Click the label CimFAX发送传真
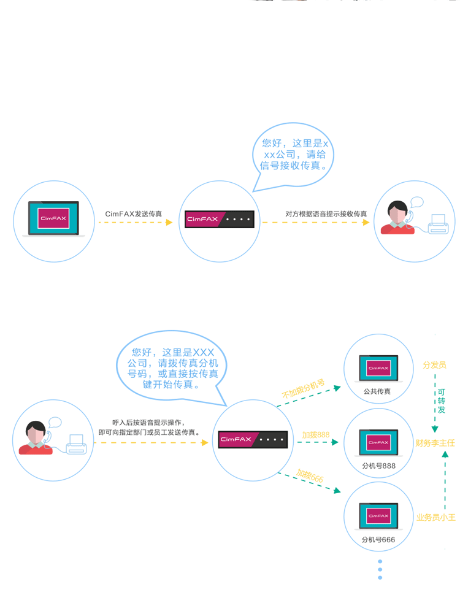click(134, 214)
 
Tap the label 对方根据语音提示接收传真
click(326, 214)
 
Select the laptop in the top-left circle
click(54, 219)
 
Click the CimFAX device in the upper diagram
click(220, 219)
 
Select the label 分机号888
click(378, 466)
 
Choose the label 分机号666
click(378, 540)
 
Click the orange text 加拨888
click(315, 435)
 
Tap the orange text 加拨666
click(310, 475)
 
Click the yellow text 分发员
click(434, 365)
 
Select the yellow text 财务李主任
click(435, 442)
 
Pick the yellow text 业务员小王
click(436, 517)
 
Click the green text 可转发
click(442, 401)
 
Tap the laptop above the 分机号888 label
click(378, 442)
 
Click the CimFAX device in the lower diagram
click(253, 439)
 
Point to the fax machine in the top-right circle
click(438, 224)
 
